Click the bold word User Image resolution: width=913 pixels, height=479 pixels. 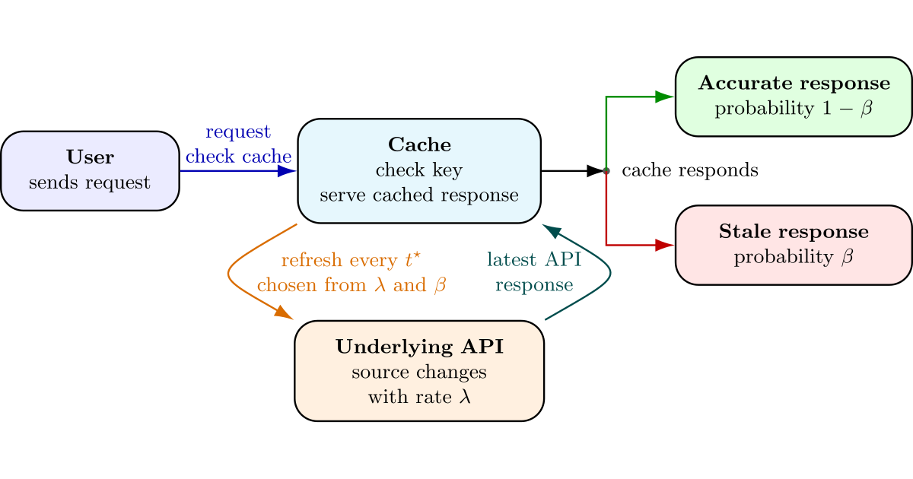click(90, 157)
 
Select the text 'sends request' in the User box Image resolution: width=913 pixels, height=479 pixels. click(90, 183)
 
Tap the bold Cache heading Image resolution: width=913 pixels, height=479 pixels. click(419, 144)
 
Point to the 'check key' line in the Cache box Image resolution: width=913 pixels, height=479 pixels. click(419, 170)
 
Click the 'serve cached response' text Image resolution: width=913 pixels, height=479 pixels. click(419, 195)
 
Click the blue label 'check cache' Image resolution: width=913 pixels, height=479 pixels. click(238, 157)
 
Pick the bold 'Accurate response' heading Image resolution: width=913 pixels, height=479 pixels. click(794, 83)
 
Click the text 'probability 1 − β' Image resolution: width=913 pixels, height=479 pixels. click(794, 109)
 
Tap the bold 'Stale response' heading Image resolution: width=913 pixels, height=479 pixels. click(794, 231)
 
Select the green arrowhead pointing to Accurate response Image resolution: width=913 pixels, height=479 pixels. click(665, 97)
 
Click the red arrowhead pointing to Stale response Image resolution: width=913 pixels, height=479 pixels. click(665, 245)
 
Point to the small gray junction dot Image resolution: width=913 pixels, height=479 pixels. click(606, 171)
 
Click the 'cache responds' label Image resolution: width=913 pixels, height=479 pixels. click(690, 170)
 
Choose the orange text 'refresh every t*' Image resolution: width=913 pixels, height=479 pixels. click(351, 261)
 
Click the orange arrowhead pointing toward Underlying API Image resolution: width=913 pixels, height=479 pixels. click(283, 312)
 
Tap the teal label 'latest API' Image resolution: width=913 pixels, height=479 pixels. click(534, 261)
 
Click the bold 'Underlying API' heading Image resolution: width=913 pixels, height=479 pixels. click(419, 347)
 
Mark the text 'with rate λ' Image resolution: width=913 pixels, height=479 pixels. click(419, 397)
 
